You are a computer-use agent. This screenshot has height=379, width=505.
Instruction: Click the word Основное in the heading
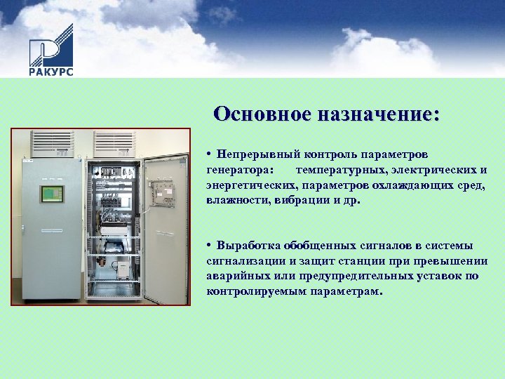[x=261, y=114]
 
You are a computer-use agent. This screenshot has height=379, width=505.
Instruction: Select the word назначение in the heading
[x=379, y=114]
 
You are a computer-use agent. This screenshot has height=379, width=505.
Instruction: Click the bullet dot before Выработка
[x=210, y=246]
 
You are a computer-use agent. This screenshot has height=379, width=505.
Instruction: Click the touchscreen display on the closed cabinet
[x=51, y=194]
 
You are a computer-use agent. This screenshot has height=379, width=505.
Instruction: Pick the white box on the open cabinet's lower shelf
[x=123, y=267]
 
